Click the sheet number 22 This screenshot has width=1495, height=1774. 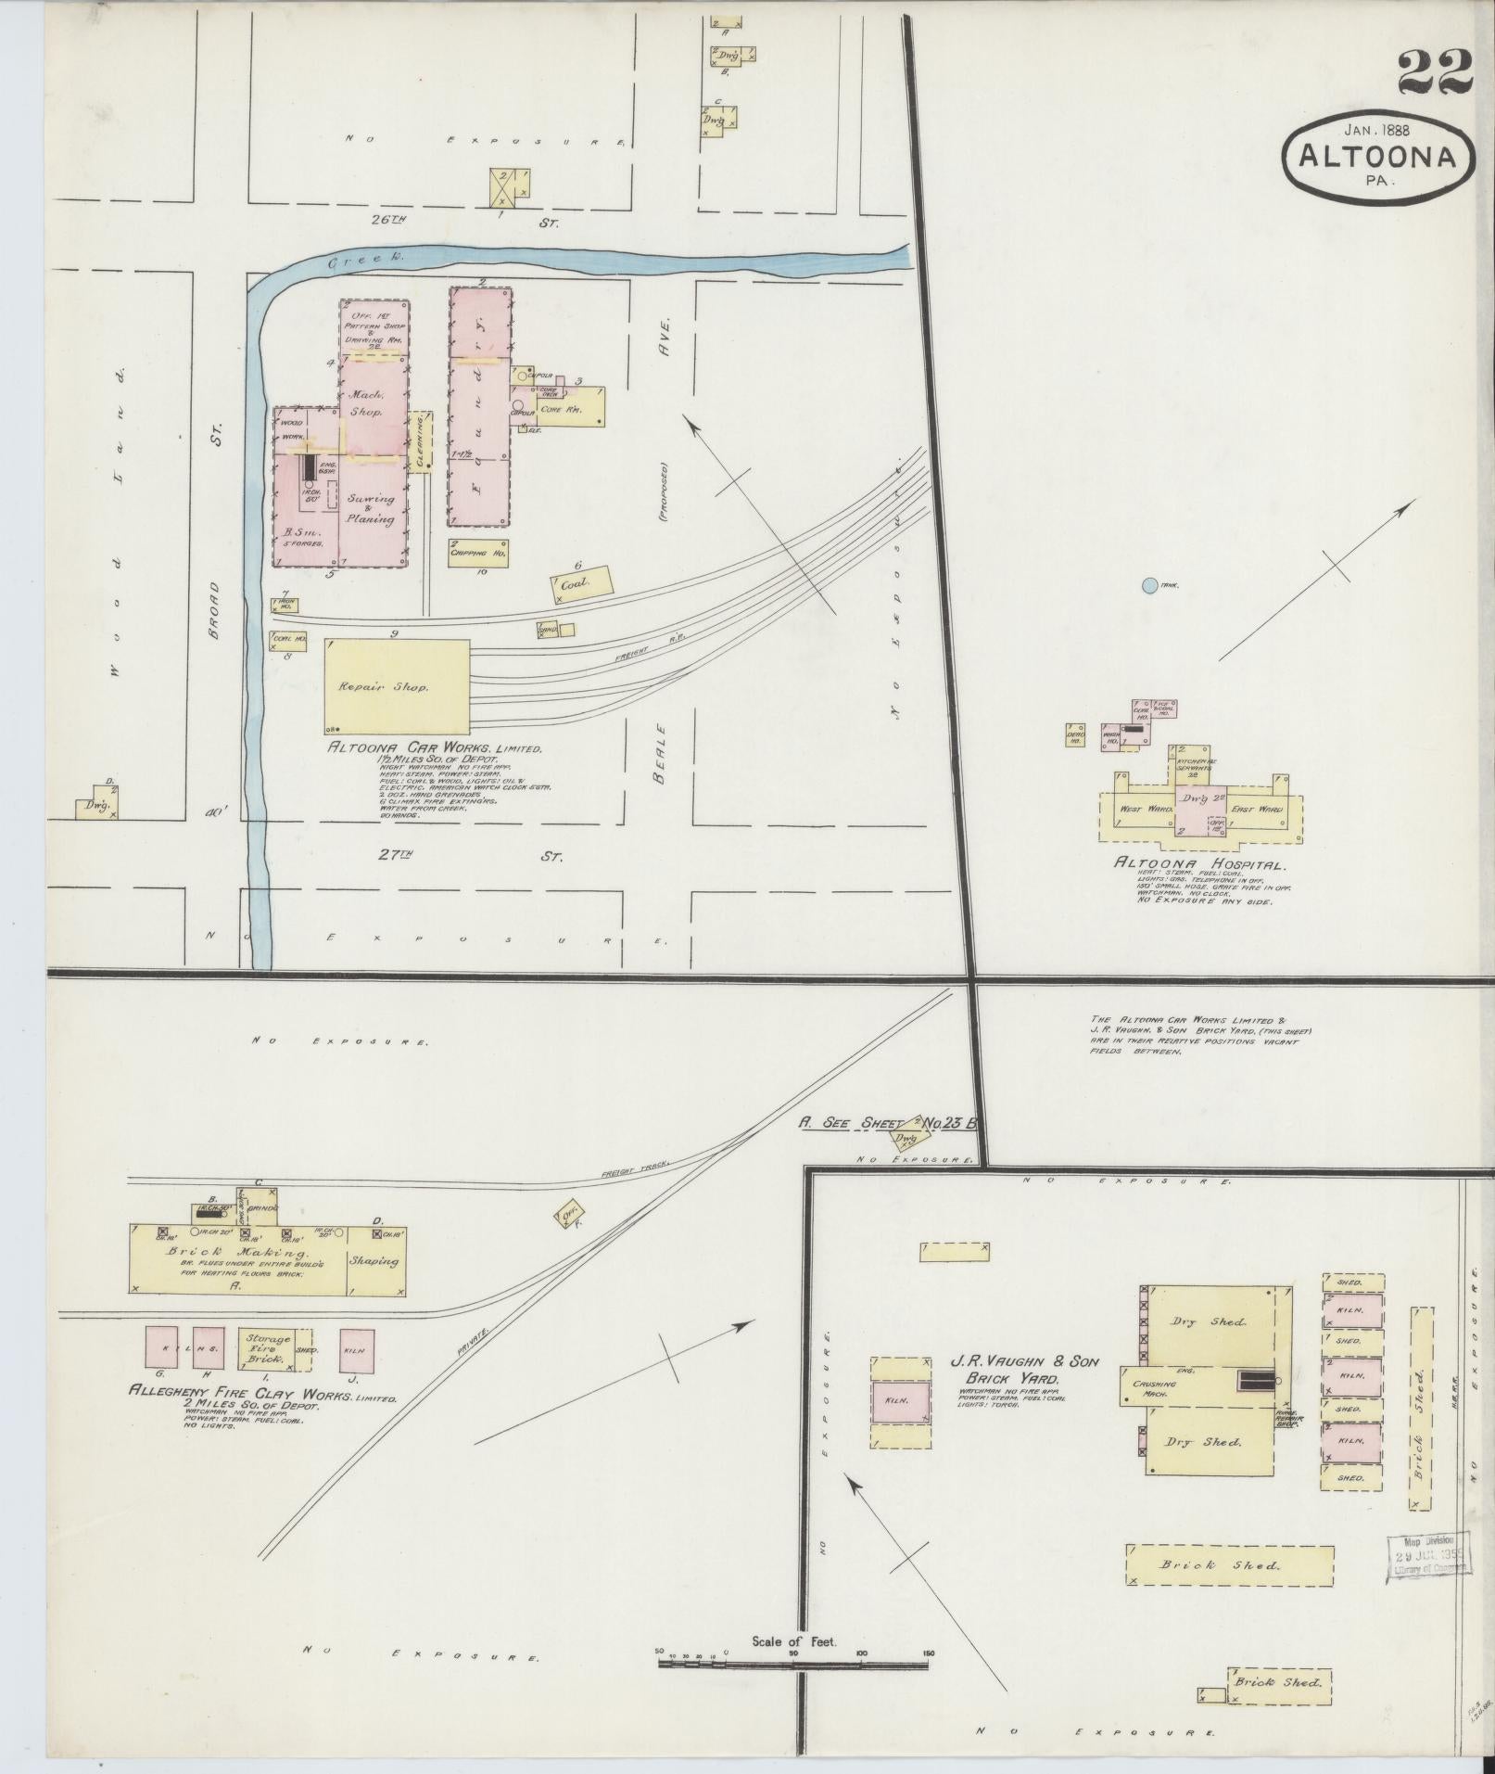pos(1435,71)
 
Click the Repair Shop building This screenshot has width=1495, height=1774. pos(397,687)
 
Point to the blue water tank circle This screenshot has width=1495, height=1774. pos(1149,585)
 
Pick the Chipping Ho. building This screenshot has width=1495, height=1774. pos(478,551)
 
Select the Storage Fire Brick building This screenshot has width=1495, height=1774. pos(267,1348)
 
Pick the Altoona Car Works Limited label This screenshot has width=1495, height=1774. pos(433,748)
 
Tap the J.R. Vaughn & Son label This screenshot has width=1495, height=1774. pos(1023,1362)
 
